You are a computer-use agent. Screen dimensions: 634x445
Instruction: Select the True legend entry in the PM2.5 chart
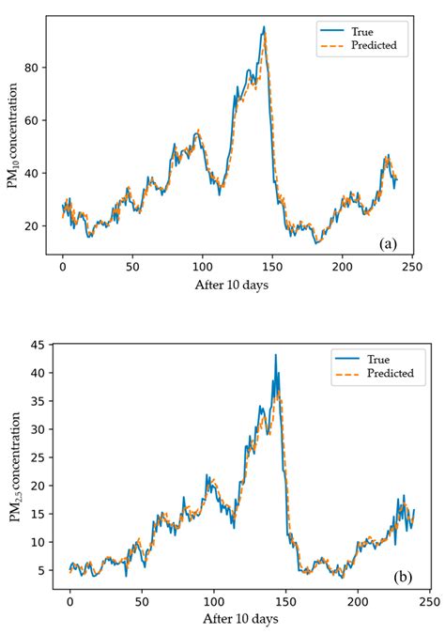(376, 358)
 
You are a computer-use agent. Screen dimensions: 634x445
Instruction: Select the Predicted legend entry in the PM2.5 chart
(376, 373)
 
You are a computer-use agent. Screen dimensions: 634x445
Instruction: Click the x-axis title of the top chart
(231, 286)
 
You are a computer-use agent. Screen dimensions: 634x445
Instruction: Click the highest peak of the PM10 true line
(264, 26)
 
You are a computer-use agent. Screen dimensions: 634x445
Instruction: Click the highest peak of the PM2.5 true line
(275, 355)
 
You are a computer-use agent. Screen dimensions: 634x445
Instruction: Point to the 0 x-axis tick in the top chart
(63, 267)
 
